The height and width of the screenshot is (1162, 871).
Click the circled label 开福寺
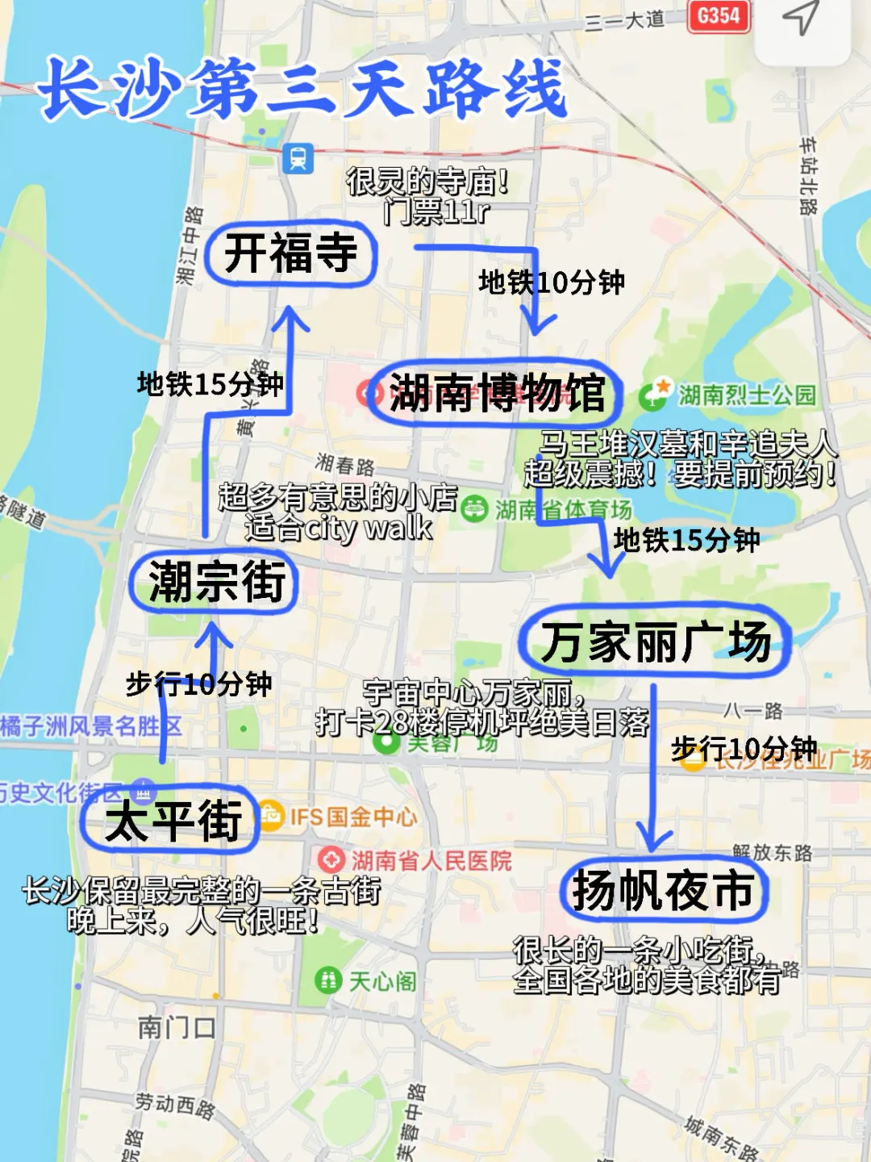pyautogui.click(x=290, y=253)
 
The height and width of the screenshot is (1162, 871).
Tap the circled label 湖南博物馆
pyautogui.click(x=496, y=394)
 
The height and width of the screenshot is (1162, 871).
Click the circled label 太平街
pyautogui.click(x=172, y=821)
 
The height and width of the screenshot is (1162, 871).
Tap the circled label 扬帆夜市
pyautogui.click(x=663, y=890)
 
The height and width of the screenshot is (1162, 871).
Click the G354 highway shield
pyautogui.click(x=718, y=16)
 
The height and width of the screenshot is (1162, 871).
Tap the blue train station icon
pyautogui.click(x=298, y=158)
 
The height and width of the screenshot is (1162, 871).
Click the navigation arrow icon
pyautogui.click(x=801, y=18)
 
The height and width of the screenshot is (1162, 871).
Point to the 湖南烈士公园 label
pyautogui.click(x=746, y=395)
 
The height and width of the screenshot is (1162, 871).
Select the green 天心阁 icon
pyautogui.click(x=327, y=981)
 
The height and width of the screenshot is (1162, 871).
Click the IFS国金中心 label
pyautogui.click(x=353, y=817)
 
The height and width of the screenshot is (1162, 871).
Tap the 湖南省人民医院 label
pyautogui.click(x=431, y=861)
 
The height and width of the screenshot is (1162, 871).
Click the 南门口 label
pyautogui.click(x=176, y=1027)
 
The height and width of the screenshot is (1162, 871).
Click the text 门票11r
pyautogui.click(x=436, y=212)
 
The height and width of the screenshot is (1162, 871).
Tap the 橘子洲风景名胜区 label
pyautogui.click(x=90, y=726)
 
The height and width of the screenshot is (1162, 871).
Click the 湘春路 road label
pyautogui.click(x=345, y=465)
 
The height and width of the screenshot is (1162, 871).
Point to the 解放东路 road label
pyautogui.click(x=772, y=852)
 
